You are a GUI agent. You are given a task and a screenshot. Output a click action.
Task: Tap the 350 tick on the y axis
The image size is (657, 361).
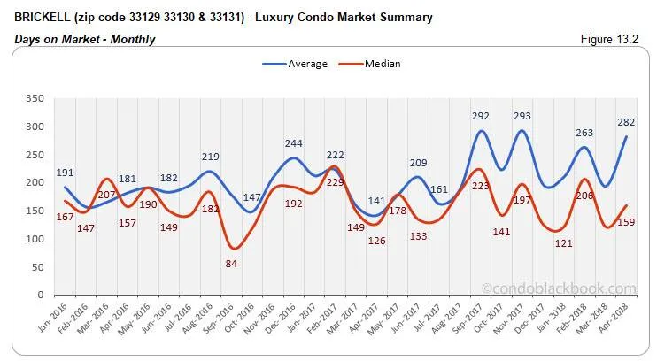(x=36, y=98)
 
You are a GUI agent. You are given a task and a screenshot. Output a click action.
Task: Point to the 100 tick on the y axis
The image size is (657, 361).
(x=36, y=239)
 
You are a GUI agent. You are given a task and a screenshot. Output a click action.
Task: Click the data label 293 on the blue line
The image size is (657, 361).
(x=523, y=116)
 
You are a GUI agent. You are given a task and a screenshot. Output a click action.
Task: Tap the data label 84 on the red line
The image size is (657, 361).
(x=232, y=263)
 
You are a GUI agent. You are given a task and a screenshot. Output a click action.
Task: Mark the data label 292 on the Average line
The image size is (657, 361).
(x=481, y=116)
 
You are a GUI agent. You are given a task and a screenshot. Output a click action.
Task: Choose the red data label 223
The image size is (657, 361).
(x=481, y=186)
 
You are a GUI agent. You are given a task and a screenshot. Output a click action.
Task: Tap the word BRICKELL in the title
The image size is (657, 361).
(x=43, y=17)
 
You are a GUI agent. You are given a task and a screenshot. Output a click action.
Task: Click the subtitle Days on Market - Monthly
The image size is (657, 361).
(x=85, y=40)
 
